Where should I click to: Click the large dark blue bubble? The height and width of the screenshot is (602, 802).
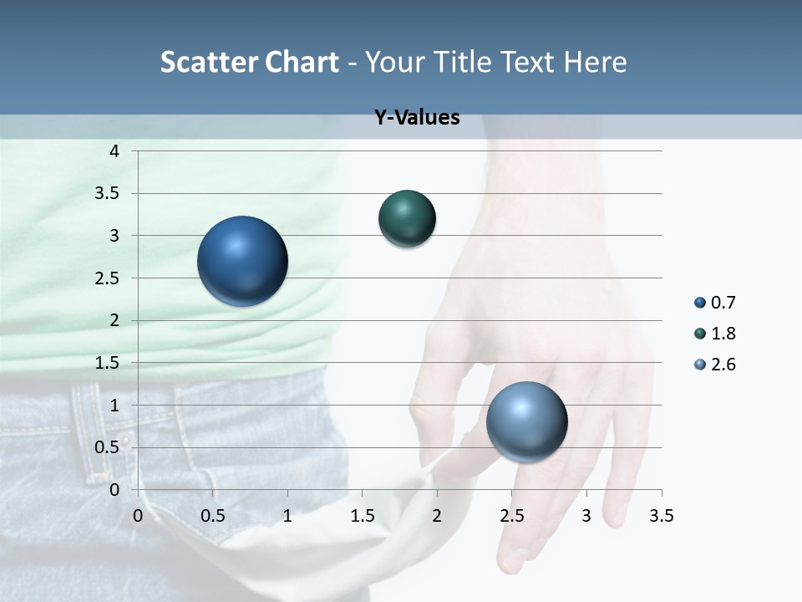click(243, 261)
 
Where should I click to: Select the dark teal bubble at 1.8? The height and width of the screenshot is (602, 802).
click(407, 219)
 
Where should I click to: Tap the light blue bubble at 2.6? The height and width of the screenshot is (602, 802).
click(526, 421)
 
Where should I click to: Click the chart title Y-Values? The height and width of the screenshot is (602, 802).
click(417, 118)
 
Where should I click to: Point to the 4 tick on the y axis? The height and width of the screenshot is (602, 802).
click(114, 151)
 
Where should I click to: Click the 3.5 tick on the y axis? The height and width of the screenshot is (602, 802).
click(109, 194)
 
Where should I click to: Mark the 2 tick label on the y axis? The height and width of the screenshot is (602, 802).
click(114, 320)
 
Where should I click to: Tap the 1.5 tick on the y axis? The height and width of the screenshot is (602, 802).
click(109, 363)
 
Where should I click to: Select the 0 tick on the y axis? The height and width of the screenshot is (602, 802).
click(114, 489)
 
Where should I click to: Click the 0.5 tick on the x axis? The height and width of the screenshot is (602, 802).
click(213, 516)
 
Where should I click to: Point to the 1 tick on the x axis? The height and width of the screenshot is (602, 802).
click(287, 516)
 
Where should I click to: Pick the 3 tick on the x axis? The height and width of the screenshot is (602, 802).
click(586, 516)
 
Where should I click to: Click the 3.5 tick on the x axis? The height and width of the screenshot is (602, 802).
click(661, 516)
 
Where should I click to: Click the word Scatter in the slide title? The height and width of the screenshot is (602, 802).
click(208, 62)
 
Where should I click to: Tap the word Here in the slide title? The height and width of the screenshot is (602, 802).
click(595, 62)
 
